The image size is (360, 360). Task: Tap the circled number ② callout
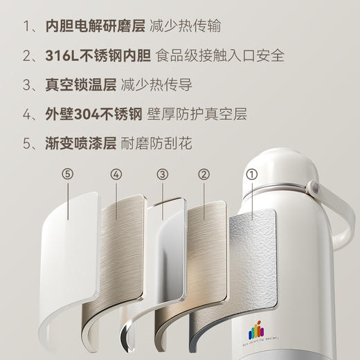pyautogui.click(x=204, y=174)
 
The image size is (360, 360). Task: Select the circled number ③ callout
pyautogui.click(x=162, y=174)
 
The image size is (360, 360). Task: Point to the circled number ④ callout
pyautogui.click(x=115, y=174)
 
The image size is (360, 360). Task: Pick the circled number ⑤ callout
pyautogui.click(x=67, y=174)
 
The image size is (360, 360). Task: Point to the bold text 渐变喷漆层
pyautogui.click(x=74, y=144)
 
